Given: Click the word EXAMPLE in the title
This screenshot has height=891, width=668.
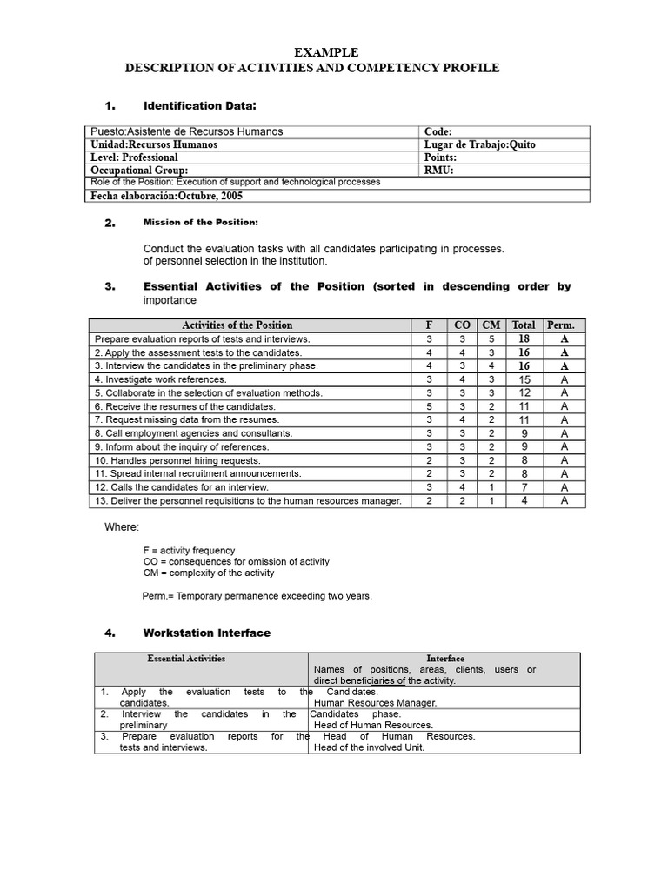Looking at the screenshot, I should [326, 53].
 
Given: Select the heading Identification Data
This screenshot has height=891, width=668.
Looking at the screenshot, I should [199, 105].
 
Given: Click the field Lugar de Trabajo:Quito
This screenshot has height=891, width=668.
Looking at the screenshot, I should [480, 144].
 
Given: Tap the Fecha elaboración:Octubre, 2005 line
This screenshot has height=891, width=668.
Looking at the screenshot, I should [166, 196].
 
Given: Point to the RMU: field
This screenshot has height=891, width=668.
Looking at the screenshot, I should [438, 171].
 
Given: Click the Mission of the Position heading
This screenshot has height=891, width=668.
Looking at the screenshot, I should [200, 223].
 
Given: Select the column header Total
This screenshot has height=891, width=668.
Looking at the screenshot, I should [524, 325].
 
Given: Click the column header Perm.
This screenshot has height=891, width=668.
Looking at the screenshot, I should [561, 325].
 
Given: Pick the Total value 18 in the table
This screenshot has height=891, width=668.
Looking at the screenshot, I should [524, 339].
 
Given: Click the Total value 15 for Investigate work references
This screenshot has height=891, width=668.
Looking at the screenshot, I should [524, 379].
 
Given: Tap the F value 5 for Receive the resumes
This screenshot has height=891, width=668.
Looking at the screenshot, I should [428, 406].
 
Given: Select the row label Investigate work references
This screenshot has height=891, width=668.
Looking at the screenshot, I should [160, 379].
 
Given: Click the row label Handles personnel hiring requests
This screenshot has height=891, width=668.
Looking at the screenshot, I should [177, 460].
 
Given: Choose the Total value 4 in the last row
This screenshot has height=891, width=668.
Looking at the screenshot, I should [524, 500].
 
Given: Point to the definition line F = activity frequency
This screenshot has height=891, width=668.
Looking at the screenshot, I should [189, 551].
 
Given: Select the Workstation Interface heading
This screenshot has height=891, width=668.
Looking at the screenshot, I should [206, 633].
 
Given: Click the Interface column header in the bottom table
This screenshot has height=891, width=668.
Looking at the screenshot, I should [445, 659].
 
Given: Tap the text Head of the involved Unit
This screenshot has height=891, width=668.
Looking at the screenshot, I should [369, 747].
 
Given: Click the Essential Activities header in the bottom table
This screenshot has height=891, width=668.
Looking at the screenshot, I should [186, 659].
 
